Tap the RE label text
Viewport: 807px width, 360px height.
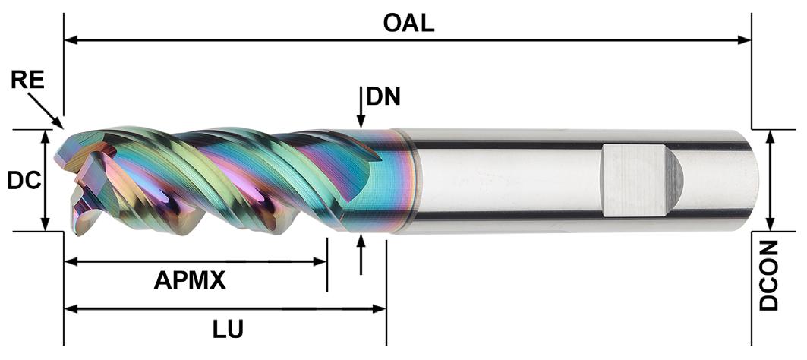pyautogui.click(x=27, y=80)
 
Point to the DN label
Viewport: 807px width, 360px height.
pyautogui.click(x=383, y=96)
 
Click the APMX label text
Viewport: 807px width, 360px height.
pyautogui.click(x=190, y=281)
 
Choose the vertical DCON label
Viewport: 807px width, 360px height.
pyautogui.click(x=769, y=275)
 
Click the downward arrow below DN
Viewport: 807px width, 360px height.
pyautogui.click(x=361, y=122)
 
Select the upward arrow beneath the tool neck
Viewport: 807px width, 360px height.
pyautogui.click(x=361, y=241)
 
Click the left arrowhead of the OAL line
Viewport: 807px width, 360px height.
pyautogui.click(x=71, y=39)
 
